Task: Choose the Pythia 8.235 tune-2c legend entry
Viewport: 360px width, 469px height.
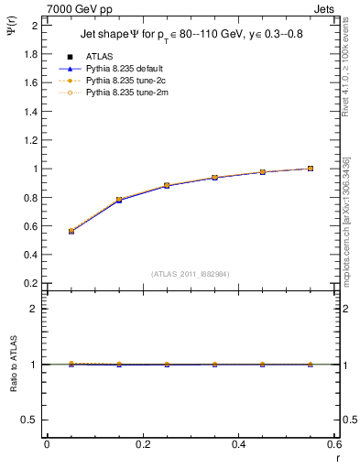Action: pyautogui.click(x=123, y=81)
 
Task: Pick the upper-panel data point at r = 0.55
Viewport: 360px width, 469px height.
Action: pyautogui.click(x=311, y=169)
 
